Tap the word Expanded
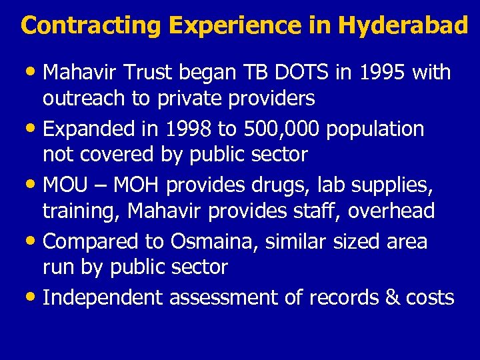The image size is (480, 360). point(88,129)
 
